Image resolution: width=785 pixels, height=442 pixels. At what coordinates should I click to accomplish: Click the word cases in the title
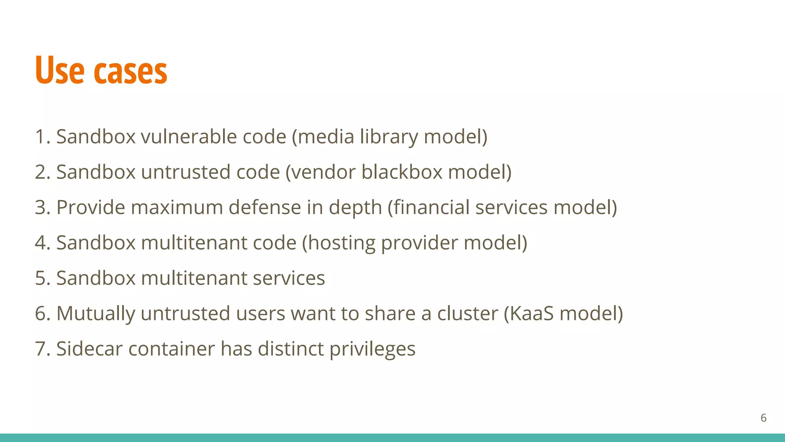[130, 71]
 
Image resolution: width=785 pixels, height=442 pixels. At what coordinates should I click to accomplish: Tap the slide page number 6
[763, 418]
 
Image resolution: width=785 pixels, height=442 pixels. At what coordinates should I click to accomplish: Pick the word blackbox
[402, 172]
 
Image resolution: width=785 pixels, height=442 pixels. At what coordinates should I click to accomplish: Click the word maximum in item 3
[177, 208]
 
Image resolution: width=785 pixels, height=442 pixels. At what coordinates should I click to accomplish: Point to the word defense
[265, 208]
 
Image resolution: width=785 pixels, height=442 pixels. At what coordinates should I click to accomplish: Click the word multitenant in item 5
[194, 278]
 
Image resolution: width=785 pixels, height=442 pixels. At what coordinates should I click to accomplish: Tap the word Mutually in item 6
[95, 314]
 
